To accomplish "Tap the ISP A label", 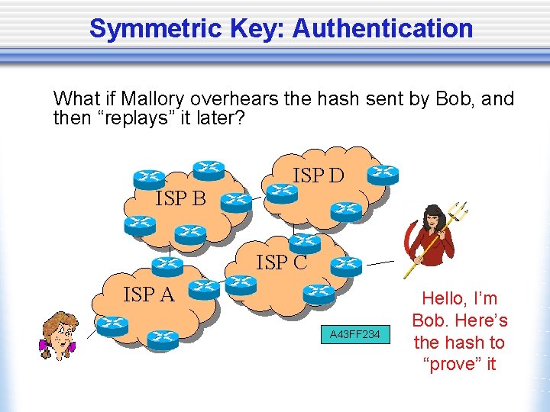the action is pyautogui.click(x=149, y=293).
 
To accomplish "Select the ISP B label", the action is pyautogui.click(x=181, y=200).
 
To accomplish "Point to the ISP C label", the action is pyautogui.click(x=282, y=263).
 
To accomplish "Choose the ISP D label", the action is pyautogui.click(x=319, y=176).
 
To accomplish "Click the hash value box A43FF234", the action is pyautogui.click(x=354, y=334).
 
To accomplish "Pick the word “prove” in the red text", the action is pyautogui.click(x=460, y=364).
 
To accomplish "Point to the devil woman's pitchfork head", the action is pyautogui.click(x=458, y=211).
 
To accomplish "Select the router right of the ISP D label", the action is pyautogui.click(x=382, y=175).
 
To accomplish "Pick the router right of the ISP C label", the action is pyautogui.click(x=347, y=265).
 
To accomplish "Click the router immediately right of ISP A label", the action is pyautogui.click(x=204, y=287).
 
